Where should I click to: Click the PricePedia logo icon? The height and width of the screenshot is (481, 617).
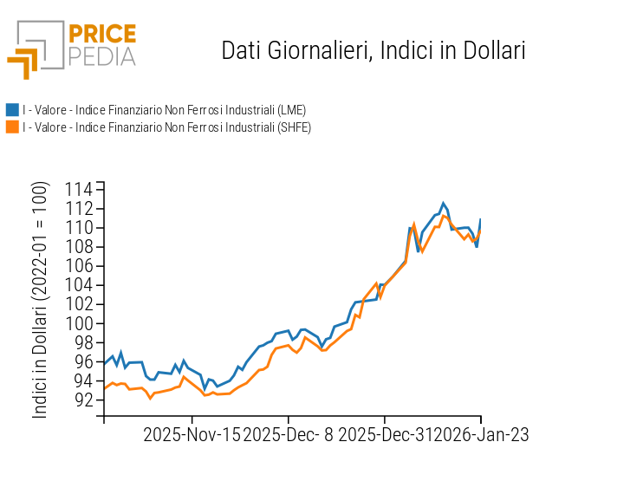pyautogui.click(x=35, y=49)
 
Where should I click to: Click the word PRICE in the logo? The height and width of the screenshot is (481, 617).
pyautogui.click(x=102, y=35)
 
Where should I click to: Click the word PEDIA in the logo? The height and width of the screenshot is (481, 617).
pyautogui.click(x=102, y=57)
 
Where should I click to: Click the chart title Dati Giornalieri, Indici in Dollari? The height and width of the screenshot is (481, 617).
pyautogui.click(x=373, y=50)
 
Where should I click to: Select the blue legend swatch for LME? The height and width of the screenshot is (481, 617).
pyautogui.click(x=12, y=110)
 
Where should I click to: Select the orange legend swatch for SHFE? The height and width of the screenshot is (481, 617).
pyautogui.click(x=12, y=127)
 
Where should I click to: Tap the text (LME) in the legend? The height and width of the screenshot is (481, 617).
pyautogui.click(x=290, y=110)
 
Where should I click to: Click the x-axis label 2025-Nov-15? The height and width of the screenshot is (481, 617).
pyautogui.click(x=192, y=434)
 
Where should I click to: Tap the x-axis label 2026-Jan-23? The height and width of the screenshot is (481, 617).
pyautogui.click(x=481, y=434)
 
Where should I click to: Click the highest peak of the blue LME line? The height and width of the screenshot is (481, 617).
pyautogui.click(x=444, y=204)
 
